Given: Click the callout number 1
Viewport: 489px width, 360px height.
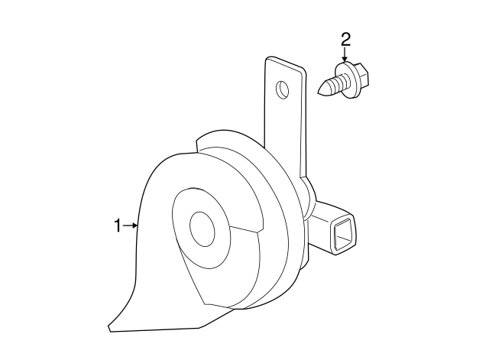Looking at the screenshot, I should [118, 225].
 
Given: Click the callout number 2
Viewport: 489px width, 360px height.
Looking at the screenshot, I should [345, 40].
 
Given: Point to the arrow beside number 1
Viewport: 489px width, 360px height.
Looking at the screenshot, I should [131, 225].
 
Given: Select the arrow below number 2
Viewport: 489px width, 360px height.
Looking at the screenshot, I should [345, 55].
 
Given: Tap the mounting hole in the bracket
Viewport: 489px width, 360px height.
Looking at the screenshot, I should [283, 90].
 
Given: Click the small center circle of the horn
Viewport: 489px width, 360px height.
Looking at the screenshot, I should [202, 229].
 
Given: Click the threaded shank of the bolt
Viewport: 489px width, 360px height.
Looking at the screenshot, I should [333, 85].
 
